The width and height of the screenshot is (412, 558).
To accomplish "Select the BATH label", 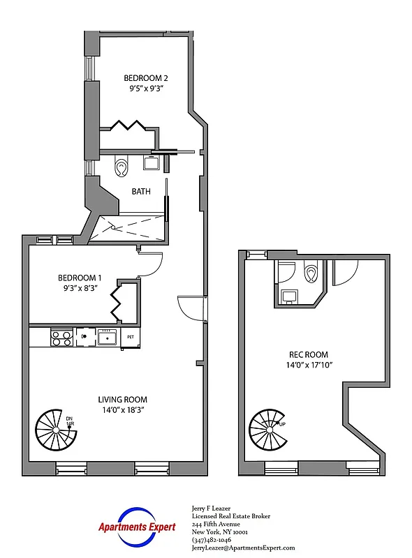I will [x=142, y=190].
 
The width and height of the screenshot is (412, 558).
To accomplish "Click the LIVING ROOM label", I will [x=122, y=400].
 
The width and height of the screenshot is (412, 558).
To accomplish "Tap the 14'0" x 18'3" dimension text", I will [x=122, y=410].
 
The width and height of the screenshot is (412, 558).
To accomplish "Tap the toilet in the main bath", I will [x=122, y=167].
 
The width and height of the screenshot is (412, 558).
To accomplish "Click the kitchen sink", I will [x=107, y=338].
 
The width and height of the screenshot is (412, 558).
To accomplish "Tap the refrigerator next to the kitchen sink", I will [x=129, y=338].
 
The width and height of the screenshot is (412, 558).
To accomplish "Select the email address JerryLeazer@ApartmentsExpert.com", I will [x=243, y=548].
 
